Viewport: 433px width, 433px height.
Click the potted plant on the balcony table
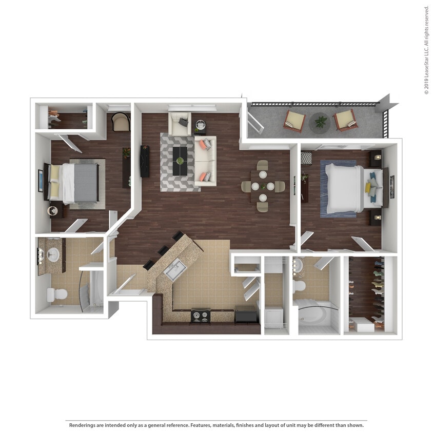321,122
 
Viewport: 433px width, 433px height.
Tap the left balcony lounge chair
295,121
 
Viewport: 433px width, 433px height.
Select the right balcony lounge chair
345,119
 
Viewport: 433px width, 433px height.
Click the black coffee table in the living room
180,161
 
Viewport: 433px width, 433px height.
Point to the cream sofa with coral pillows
205,161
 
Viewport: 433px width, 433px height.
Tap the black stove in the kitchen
200,316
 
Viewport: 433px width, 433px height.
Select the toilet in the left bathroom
57,294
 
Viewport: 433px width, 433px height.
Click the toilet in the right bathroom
299,286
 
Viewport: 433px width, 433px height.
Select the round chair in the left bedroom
121,122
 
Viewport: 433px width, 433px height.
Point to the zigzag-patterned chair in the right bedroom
306,158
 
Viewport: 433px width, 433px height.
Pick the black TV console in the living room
145,161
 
